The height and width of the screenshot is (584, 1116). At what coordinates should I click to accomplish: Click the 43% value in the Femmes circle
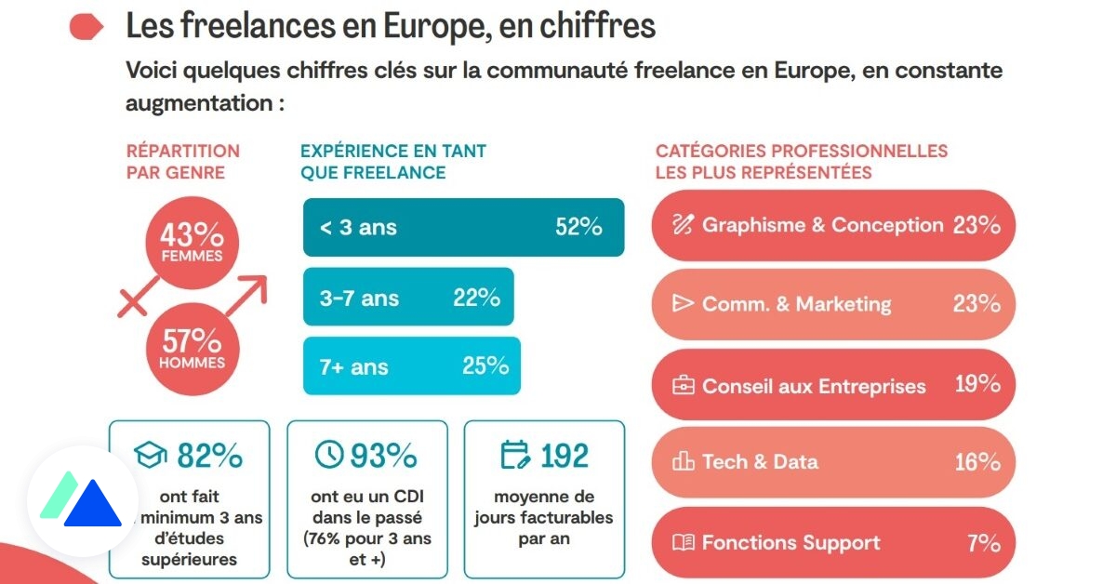click(x=192, y=234)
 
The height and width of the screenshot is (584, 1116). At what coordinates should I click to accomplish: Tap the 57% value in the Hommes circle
click(x=192, y=340)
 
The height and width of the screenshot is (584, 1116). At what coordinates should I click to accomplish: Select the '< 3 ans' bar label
click(x=358, y=227)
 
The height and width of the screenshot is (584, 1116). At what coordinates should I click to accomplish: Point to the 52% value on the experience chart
click(x=578, y=227)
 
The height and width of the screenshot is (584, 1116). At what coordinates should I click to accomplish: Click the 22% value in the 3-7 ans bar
click(x=476, y=298)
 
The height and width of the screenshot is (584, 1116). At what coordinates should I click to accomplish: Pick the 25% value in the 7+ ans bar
click(x=485, y=365)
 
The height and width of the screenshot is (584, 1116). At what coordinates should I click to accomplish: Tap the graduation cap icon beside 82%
click(x=150, y=455)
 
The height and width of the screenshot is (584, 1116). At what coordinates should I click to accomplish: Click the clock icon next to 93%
click(x=329, y=455)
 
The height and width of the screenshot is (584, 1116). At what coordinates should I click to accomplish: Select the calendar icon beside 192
click(x=515, y=455)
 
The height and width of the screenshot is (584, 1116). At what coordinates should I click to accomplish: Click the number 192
click(x=565, y=456)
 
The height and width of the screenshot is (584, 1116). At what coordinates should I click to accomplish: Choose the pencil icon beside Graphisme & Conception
click(x=684, y=224)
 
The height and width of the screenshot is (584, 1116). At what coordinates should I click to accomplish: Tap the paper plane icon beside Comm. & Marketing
click(x=684, y=303)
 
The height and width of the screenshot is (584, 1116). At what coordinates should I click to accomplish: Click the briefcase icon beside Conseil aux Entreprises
click(x=684, y=385)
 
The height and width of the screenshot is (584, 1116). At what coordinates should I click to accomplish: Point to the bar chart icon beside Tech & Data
click(x=684, y=462)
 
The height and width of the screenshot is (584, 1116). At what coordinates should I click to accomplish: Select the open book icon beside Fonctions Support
click(x=684, y=542)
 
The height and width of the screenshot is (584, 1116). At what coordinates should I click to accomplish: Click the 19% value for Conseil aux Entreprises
click(x=977, y=384)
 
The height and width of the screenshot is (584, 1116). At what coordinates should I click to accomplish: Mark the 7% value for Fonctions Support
click(x=983, y=542)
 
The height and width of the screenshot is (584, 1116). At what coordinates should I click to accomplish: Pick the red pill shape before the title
click(x=86, y=28)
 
